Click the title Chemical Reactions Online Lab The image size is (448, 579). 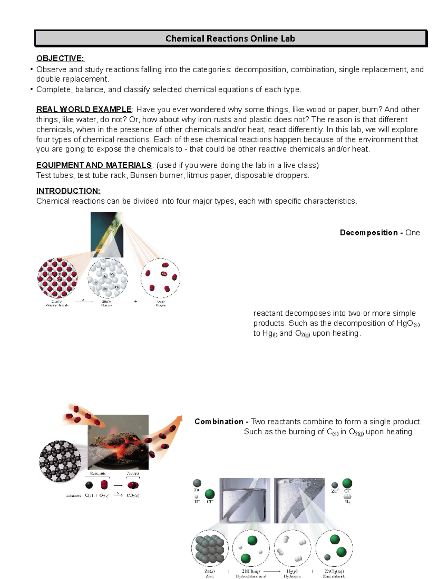coord(230,38)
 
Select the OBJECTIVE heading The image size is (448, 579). coord(60,58)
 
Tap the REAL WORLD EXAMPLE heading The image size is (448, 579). coord(84,109)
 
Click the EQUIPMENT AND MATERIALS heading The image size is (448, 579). coord(94,165)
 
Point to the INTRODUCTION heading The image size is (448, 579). coord(68,191)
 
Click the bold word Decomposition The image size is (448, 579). coord(368,233)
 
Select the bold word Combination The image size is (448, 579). coord(219,422)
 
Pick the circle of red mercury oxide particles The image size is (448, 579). coord(57,278)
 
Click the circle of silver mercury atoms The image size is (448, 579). coord(108,278)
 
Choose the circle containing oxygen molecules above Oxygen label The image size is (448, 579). coord(161,278)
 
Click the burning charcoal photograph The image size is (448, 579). coord(118,442)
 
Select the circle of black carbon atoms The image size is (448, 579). coord(60,462)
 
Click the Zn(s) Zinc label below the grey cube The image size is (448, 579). coord(209,573)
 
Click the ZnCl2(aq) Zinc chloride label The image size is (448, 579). coord(334,573)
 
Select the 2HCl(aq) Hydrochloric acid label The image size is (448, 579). coord(251,573)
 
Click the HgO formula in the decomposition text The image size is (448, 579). coord(405,323)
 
